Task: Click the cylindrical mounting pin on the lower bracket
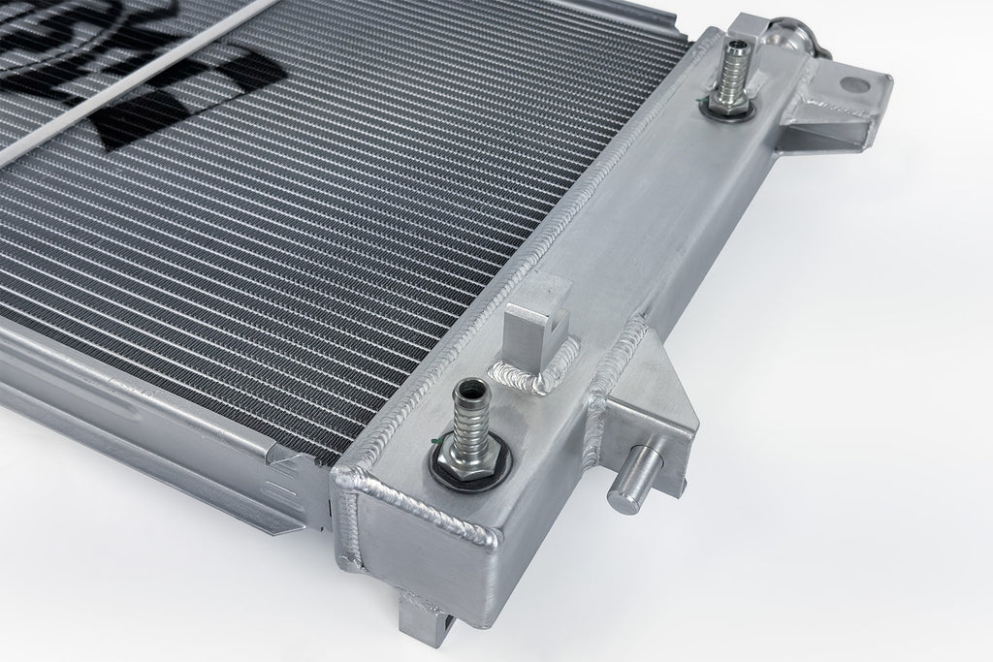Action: (x=631, y=479)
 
